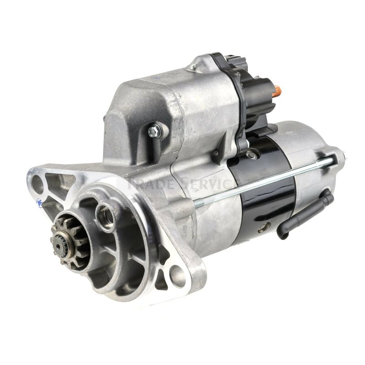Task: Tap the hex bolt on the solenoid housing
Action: pyautogui.click(x=154, y=131)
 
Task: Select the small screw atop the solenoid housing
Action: pyautogui.click(x=193, y=67)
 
